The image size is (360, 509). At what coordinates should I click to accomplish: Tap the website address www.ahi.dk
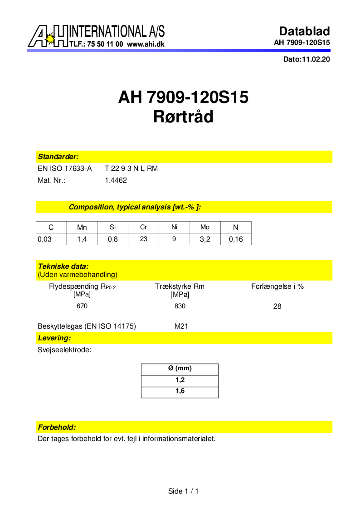point(146,44)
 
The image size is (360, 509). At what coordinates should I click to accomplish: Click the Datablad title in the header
point(304,31)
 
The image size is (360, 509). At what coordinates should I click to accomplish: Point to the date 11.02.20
point(316,59)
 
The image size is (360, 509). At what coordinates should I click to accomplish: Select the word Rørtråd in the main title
point(183,117)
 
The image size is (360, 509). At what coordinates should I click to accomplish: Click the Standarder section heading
point(58,157)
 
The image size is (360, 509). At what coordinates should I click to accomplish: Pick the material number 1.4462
point(116,180)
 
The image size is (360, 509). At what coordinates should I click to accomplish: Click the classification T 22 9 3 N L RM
point(131,169)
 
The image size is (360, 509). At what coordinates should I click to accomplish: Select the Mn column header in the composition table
point(82,228)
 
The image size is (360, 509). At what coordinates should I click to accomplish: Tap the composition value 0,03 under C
point(44,239)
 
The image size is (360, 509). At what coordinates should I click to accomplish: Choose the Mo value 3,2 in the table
point(205,239)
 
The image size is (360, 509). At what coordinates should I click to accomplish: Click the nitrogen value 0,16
point(236,239)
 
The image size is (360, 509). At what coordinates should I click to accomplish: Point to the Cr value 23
point(143,239)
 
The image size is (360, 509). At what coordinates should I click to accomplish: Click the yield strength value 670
point(82,306)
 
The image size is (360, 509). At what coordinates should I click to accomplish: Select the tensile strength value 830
point(180,306)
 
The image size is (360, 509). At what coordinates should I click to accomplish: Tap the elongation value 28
point(277,306)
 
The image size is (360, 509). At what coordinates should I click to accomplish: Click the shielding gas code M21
point(181,326)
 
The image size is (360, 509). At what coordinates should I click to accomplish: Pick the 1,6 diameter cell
point(180,391)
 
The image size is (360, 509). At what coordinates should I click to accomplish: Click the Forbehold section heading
point(57,427)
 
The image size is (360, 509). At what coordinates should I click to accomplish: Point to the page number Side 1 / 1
point(183,491)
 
